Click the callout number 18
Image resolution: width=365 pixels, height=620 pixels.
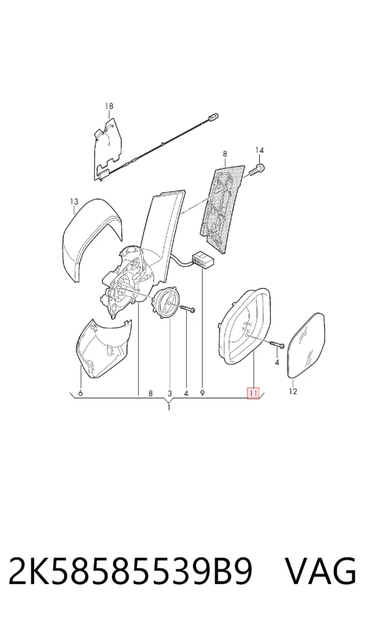tap(109, 106)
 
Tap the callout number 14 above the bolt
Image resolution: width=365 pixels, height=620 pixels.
tap(259, 150)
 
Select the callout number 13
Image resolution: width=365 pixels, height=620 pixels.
tap(74, 202)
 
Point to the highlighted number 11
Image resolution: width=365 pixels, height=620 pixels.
tap(253, 393)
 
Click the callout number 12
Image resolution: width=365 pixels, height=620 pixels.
tap(293, 392)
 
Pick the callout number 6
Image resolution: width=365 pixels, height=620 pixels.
tap(80, 393)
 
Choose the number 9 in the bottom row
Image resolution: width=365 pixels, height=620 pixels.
tap(202, 393)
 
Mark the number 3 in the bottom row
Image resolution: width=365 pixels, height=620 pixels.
tap(170, 393)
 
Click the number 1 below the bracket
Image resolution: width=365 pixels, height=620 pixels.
tap(169, 407)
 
